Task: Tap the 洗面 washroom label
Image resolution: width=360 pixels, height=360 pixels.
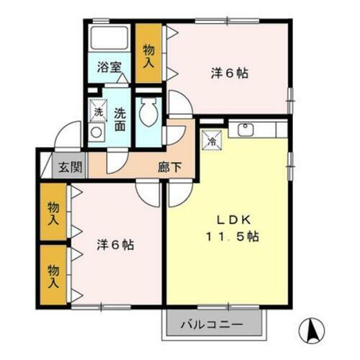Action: pyautogui.click(x=120, y=118)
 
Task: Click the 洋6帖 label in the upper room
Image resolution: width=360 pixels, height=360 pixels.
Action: pyautogui.click(x=230, y=73)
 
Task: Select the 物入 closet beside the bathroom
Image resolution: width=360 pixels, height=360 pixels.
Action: pyautogui.click(x=148, y=55)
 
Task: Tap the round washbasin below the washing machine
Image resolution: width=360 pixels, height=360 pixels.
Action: pyautogui.click(x=96, y=132)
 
